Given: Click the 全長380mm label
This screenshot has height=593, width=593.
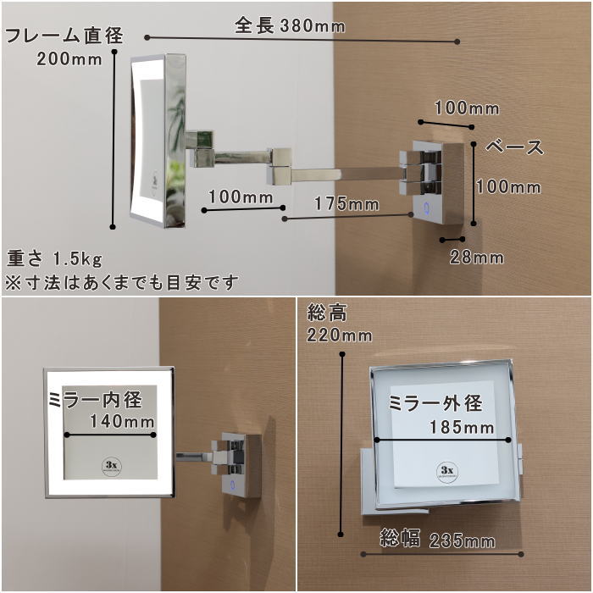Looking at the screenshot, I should point(290,26).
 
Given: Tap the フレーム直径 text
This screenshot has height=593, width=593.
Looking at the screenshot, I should point(64,36).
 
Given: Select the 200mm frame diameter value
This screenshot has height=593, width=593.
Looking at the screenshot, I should point(69,59).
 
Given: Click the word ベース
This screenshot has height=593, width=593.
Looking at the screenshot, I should point(514,147).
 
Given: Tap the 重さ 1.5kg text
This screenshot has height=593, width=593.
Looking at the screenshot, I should point(55,258).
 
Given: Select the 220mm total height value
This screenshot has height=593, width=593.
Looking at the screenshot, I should point(340,335).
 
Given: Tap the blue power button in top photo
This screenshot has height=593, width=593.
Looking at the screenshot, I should point(426,206).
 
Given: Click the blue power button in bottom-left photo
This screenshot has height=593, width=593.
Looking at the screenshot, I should point(230,485).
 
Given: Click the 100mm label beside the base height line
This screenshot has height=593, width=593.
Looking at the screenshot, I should point(507,187).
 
